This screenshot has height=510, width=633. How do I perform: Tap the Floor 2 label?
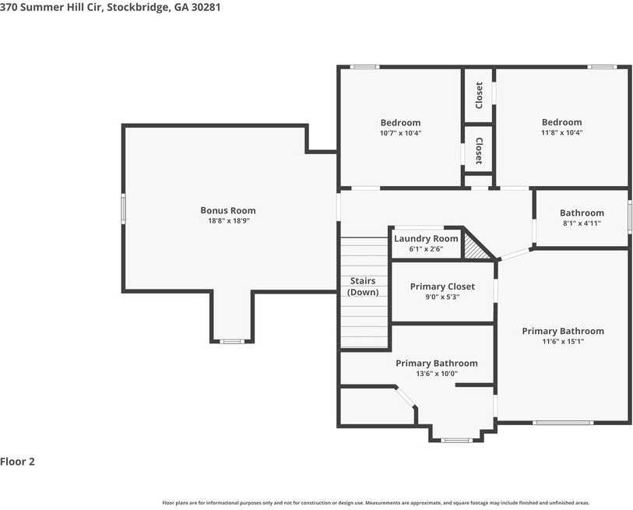coord(18,461)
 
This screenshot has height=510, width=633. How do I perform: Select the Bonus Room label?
coord(228,210)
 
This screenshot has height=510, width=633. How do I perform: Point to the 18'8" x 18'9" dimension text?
coord(228,221)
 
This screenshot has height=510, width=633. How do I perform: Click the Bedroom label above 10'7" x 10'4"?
coord(400,122)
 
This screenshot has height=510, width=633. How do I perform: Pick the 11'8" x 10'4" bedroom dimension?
coord(561,133)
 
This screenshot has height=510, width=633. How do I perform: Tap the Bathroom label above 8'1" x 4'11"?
coord(582,213)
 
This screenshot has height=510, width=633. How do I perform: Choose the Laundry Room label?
coord(426,238)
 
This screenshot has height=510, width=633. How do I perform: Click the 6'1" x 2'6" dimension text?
coord(426,249)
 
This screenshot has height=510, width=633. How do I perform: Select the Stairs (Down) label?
coord(363,287)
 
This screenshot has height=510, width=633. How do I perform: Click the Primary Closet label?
coord(442,287)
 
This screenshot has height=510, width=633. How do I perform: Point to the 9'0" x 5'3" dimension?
coord(442,297)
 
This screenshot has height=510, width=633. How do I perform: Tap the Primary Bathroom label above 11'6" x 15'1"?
coord(562,331)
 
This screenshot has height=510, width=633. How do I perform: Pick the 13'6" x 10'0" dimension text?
coord(436,374)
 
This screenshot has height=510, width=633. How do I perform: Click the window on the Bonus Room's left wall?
coord(122,209)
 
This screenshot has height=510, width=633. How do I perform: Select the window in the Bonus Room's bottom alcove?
coord(231,341)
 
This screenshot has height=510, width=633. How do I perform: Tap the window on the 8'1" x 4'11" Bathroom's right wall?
coord(629,214)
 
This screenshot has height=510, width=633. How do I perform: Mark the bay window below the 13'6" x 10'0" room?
coord(456,441)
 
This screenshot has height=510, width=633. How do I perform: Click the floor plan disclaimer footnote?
coord(375,502)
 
